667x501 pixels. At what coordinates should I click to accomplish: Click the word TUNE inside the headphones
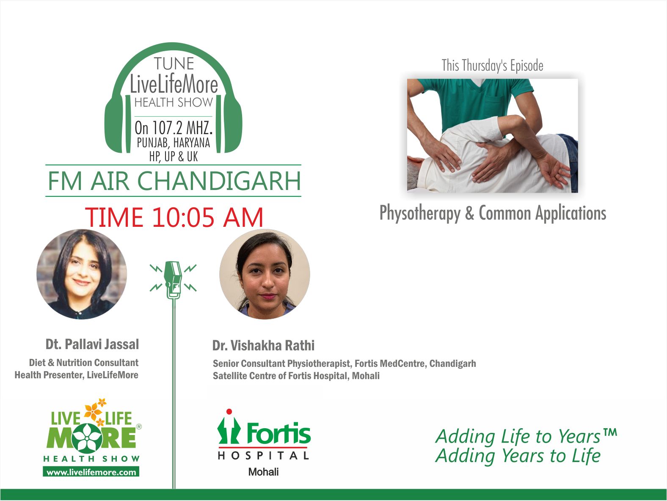pyautogui.click(x=174, y=63)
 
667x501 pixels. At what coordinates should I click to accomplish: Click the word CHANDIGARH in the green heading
pyautogui.click(x=219, y=181)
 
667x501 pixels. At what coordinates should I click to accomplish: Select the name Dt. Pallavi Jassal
pyautogui.click(x=92, y=344)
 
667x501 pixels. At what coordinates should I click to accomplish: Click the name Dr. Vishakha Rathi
pyautogui.click(x=264, y=345)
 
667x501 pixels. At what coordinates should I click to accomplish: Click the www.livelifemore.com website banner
pyautogui.click(x=91, y=472)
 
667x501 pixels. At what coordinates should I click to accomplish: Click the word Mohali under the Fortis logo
pyautogui.click(x=264, y=472)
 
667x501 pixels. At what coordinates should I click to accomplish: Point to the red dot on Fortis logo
pyautogui.click(x=229, y=411)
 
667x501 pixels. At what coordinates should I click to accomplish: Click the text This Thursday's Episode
pyautogui.click(x=492, y=66)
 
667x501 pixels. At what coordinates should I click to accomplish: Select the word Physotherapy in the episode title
pyautogui.click(x=420, y=213)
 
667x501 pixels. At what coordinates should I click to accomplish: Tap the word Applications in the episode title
pyautogui.click(x=571, y=213)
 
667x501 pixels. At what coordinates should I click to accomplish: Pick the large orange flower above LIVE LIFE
pyautogui.click(x=93, y=411)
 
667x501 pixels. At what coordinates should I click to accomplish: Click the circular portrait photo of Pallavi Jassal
pyautogui.click(x=82, y=274)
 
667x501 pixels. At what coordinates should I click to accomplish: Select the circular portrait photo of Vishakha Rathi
pyautogui.click(x=265, y=274)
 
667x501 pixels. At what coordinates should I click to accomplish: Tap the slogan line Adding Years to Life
pyautogui.click(x=518, y=456)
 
